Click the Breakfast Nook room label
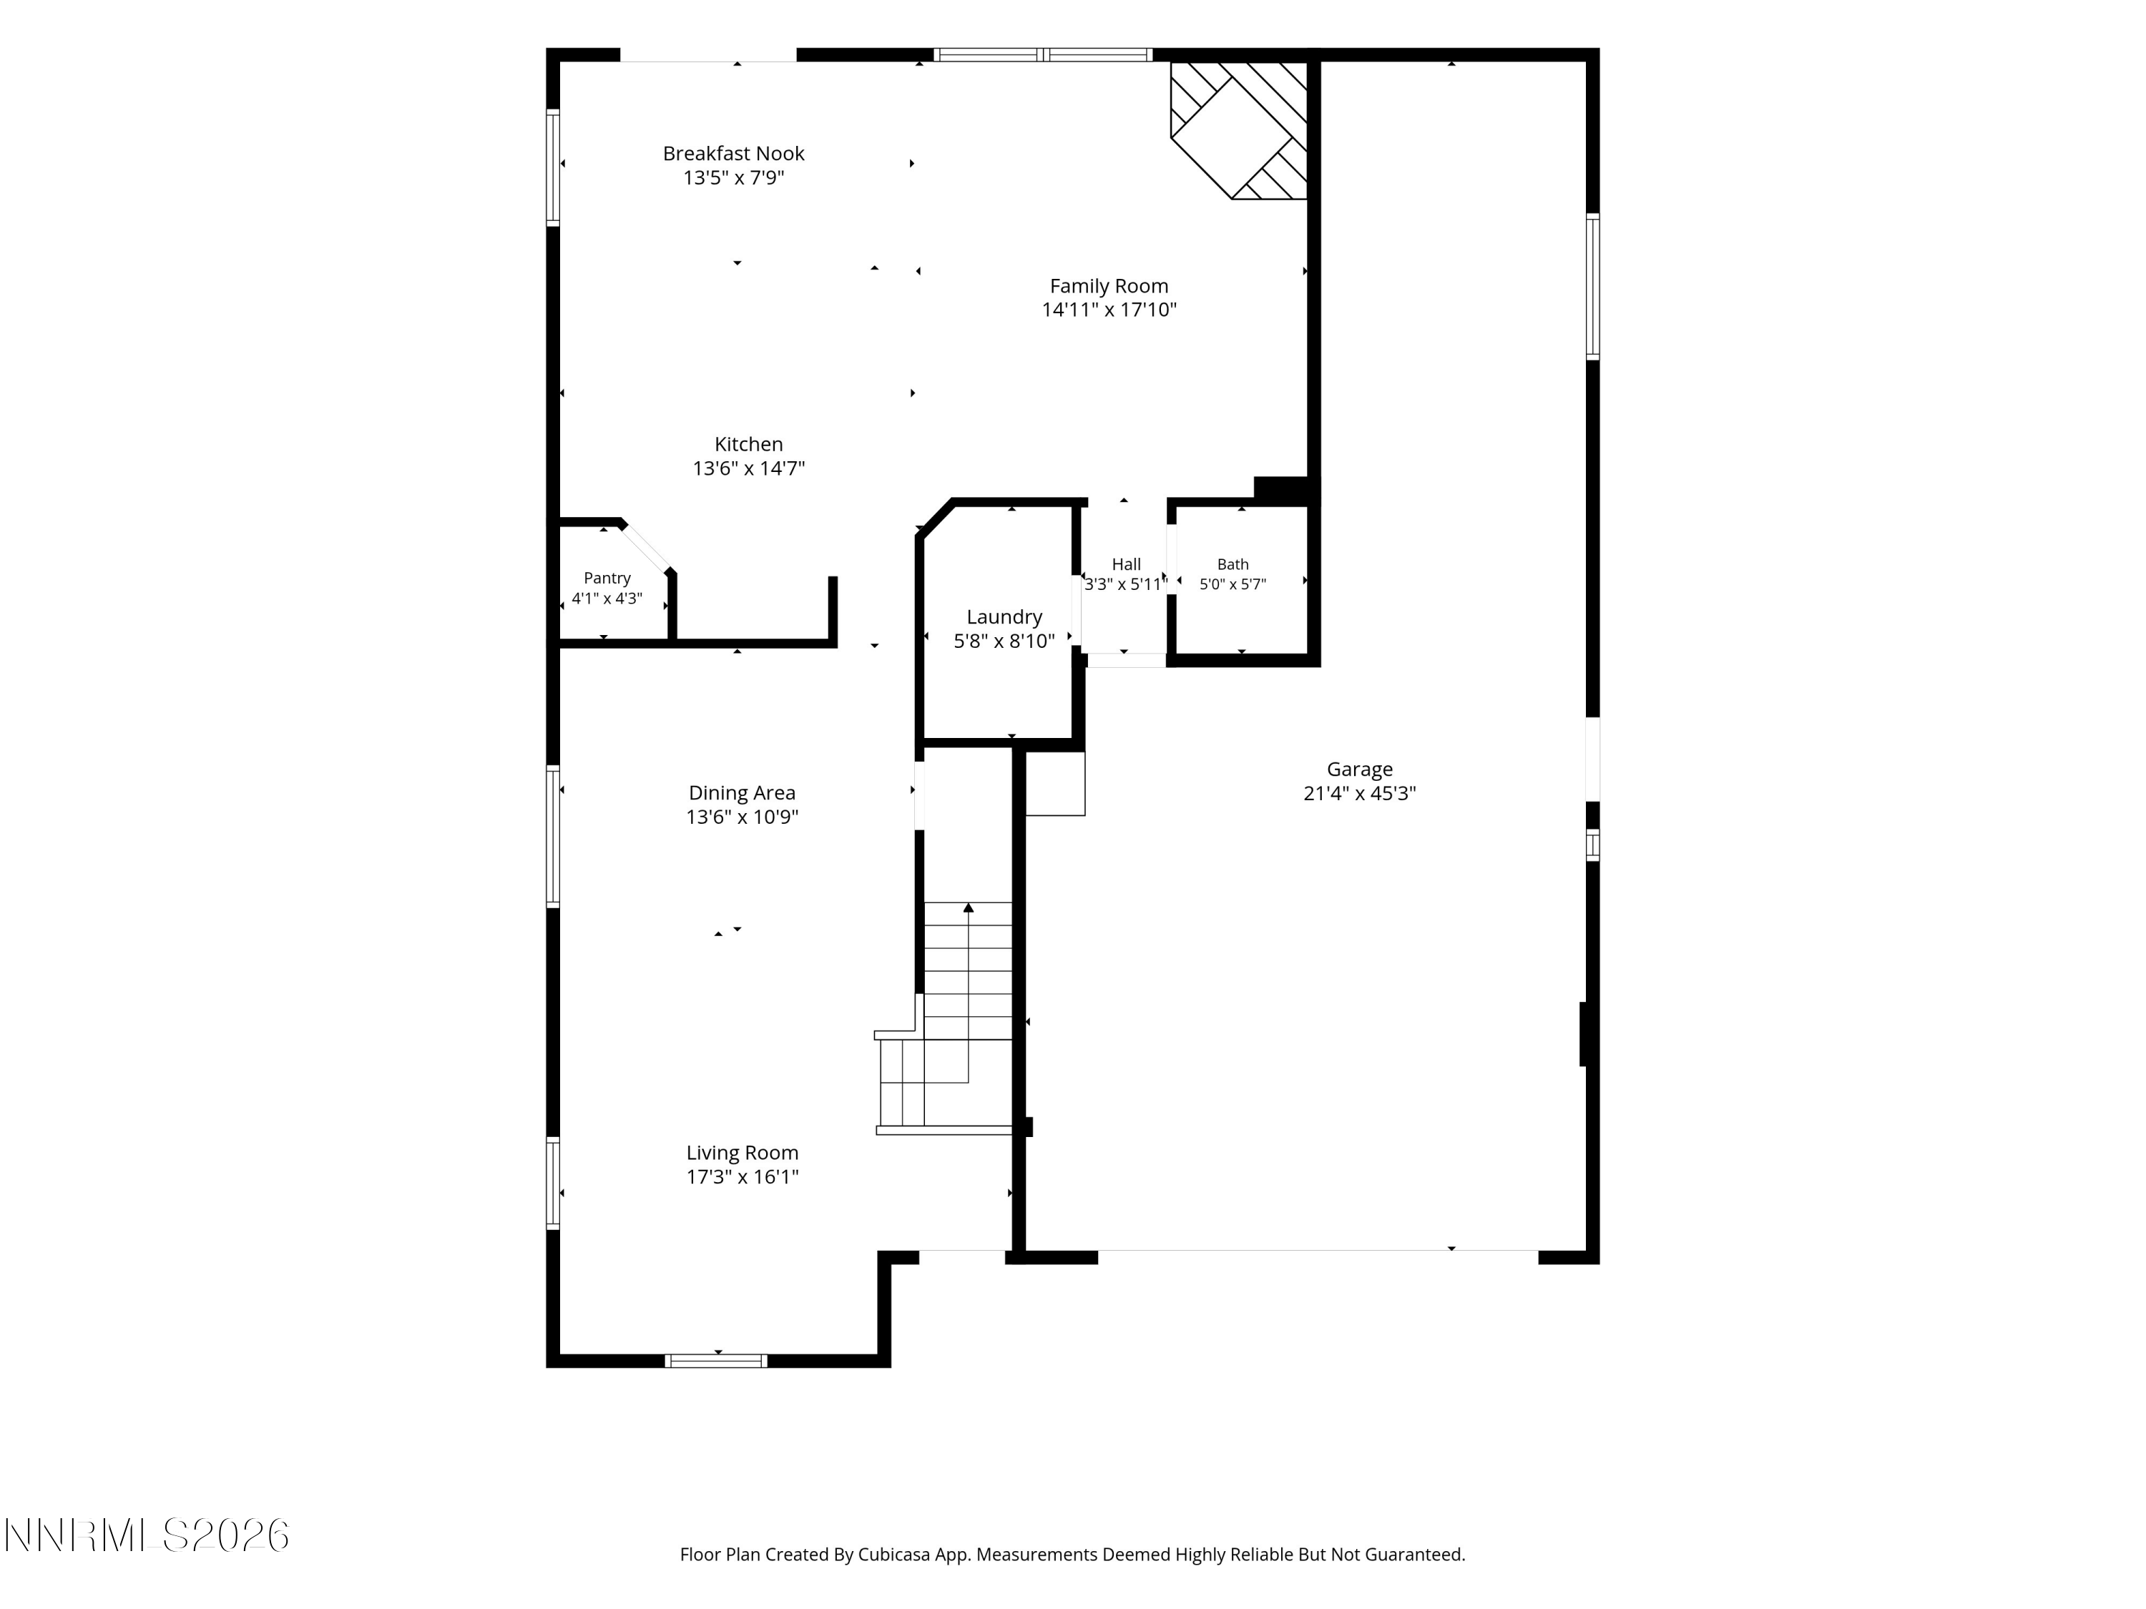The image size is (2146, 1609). pos(733,153)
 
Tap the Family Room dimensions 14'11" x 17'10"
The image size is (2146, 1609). pos(1109,310)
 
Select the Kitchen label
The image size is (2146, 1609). pos(749,444)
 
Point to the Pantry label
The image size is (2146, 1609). pos(607,578)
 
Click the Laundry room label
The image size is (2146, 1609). pos(1004,617)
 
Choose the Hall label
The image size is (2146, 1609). pos(1127,564)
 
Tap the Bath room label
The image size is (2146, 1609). pos(1233,564)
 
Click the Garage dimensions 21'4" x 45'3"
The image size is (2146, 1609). pos(1359,793)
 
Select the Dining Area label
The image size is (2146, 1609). pos(743,793)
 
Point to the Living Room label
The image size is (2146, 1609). pos(743,1153)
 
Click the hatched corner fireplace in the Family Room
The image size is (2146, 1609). pos(1239,130)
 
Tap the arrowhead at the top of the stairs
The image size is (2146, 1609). pos(969,907)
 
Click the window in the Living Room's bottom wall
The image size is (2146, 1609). pos(716,1361)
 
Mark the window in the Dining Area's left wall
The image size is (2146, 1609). pos(553,836)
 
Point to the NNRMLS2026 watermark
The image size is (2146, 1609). pos(147,1535)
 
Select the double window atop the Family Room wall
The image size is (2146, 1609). pos(1043,54)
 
